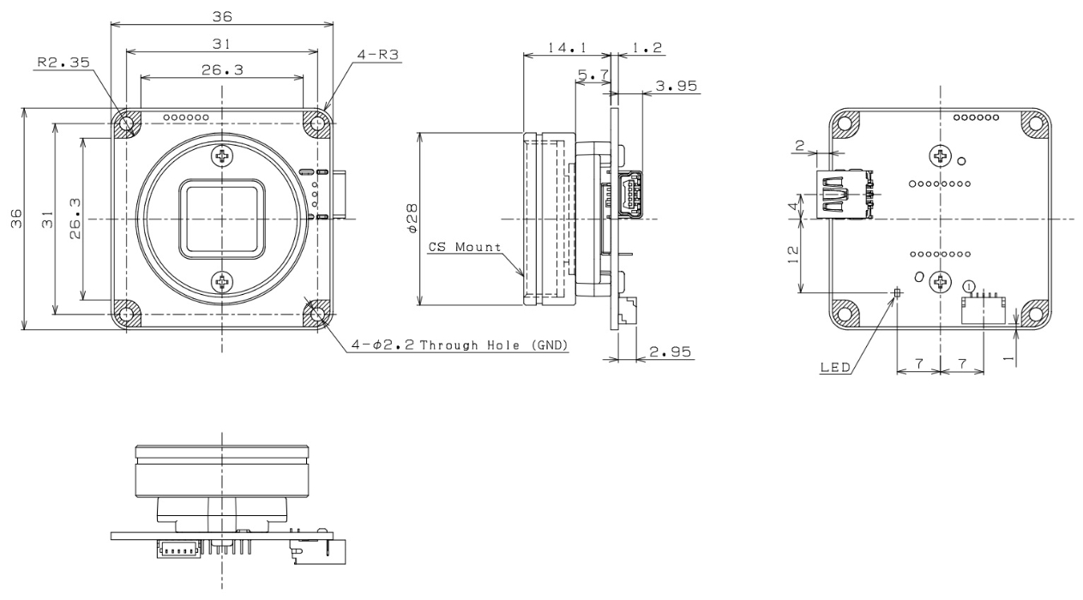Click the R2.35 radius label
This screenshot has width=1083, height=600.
[63, 62]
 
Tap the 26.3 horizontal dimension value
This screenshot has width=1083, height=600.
[221, 71]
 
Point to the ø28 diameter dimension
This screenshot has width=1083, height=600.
[412, 218]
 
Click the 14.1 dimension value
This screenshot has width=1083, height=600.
[567, 48]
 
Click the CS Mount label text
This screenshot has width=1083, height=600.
[464, 248]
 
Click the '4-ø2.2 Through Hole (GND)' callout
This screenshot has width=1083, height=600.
[461, 345]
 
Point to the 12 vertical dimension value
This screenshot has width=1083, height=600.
[793, 255]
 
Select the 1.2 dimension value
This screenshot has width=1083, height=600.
[645, 48]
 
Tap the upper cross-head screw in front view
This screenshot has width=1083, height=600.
[222, 156]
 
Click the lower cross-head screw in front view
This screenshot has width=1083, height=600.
[222, 281]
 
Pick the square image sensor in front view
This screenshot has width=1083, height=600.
[222, 219]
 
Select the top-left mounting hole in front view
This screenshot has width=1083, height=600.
[127, 123]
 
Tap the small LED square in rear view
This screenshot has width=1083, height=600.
[897, 293]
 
